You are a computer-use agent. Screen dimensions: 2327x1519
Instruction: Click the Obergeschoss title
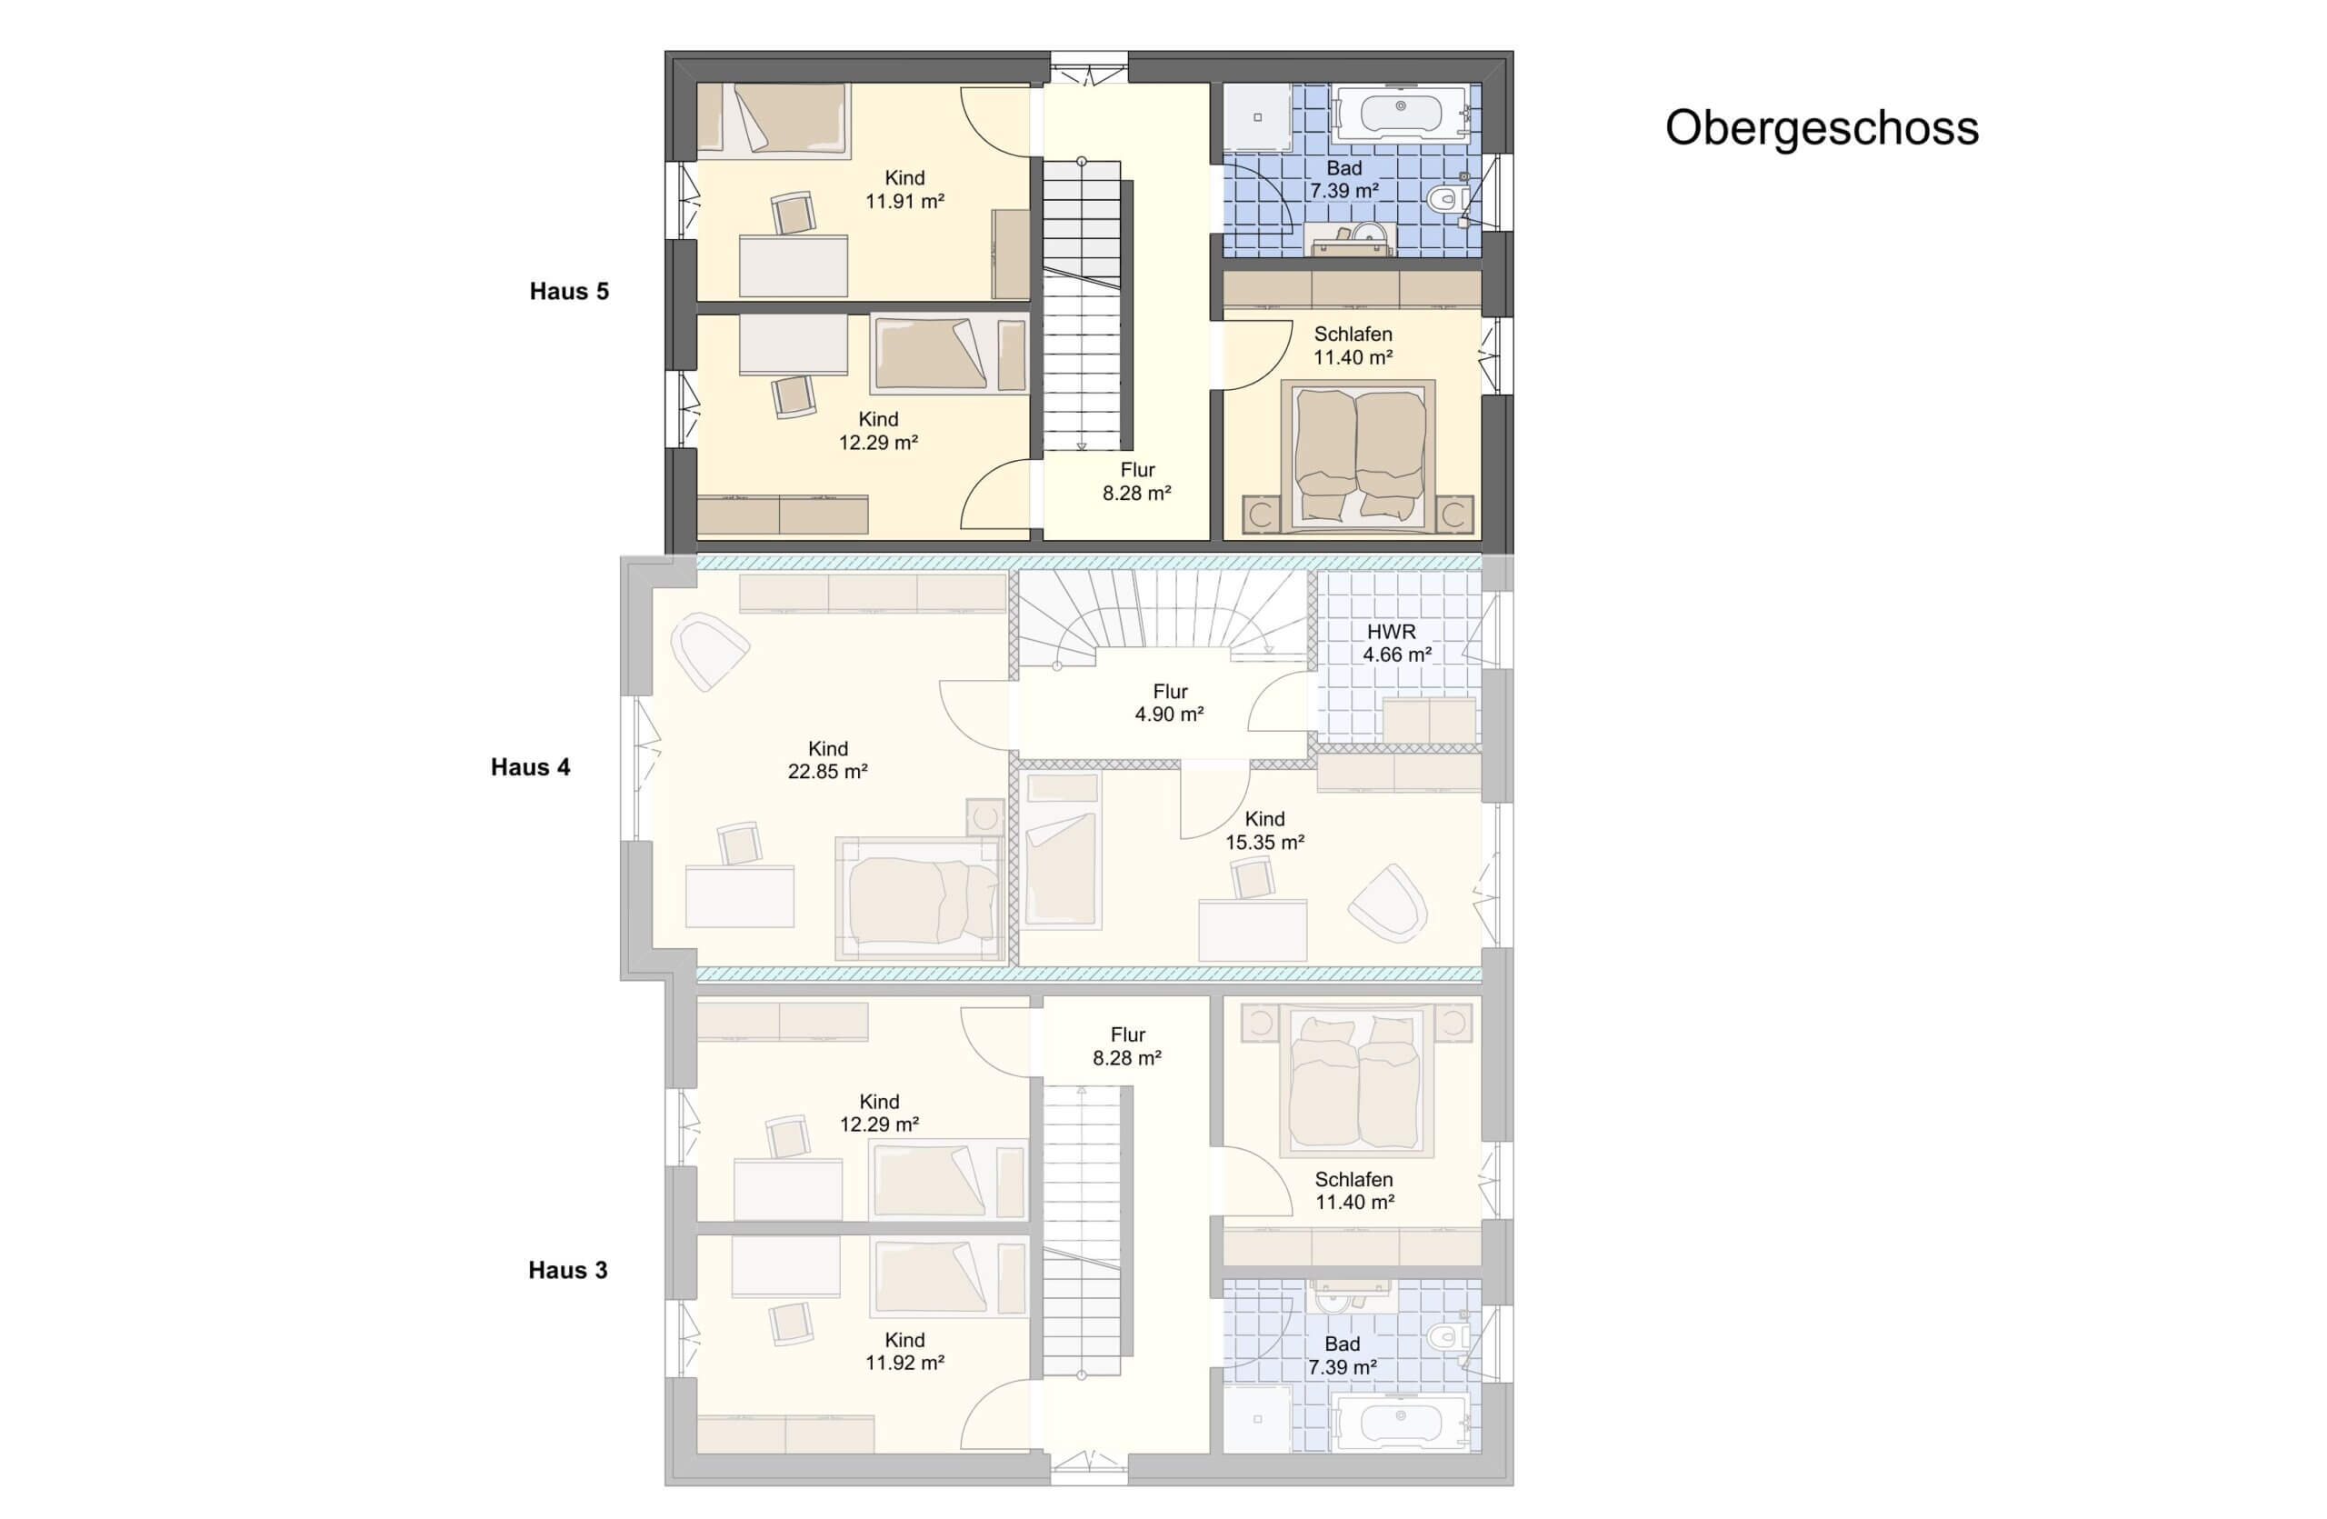[x=1822, y=128]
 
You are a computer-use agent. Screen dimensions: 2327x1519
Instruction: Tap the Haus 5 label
[x=569, y=291]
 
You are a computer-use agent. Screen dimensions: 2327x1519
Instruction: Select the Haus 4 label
[x=530, y=767]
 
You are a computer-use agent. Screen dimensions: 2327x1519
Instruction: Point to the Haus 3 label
[x=568, y=1270]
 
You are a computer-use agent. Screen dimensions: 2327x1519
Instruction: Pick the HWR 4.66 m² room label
[x=1396, y=644]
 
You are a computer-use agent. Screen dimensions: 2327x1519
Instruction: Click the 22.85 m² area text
[x=828, y=772]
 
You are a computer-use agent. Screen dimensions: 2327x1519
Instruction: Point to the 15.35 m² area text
[x=1265, y=843]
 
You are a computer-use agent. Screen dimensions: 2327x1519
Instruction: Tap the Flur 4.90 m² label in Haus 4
[x=1169, y=703]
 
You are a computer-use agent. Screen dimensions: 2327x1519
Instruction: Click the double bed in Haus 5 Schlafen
[x=1358, y=455]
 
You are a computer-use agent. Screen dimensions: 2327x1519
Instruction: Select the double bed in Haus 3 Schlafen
[x=1356, y=1082]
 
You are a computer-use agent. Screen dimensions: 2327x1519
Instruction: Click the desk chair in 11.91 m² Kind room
[x=793, y=213]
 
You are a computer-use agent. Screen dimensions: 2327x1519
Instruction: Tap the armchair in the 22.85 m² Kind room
[x=709, y=651]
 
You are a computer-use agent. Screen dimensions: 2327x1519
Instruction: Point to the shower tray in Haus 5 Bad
[x=1257, y=117]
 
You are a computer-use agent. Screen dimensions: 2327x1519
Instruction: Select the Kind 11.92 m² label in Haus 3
[x=904, y=1352]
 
